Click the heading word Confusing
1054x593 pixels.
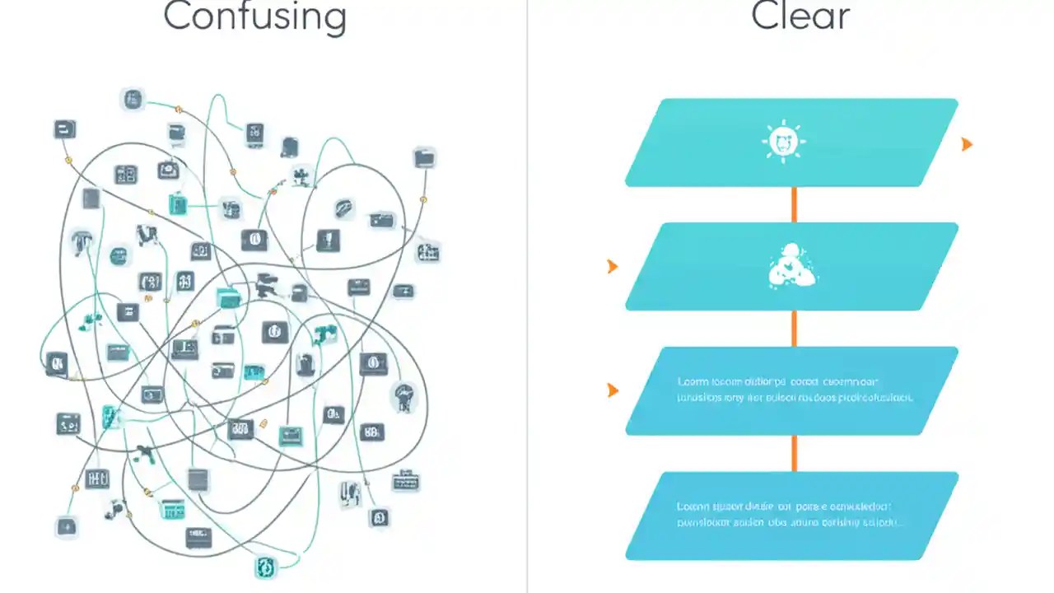coord(254,16)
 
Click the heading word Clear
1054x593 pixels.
coord(800,16)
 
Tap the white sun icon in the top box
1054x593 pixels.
coord(783,142)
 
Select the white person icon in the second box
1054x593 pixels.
coord(791,266)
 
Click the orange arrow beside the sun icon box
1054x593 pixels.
coord(967,144)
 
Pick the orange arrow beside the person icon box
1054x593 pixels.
coord(612,266)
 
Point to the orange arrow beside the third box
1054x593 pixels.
coord(612,390)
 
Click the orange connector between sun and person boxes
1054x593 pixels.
coord(794,204)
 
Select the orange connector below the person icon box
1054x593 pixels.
coord(794,328)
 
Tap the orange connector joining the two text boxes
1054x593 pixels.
coord(794,453)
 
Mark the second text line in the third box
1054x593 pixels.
coord(794,398)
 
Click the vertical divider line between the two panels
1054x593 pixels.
coord(527,296)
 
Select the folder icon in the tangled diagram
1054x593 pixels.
coord(425,156)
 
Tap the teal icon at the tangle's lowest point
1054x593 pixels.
coord(266,567)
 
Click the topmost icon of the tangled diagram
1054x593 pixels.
coord(132,100)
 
